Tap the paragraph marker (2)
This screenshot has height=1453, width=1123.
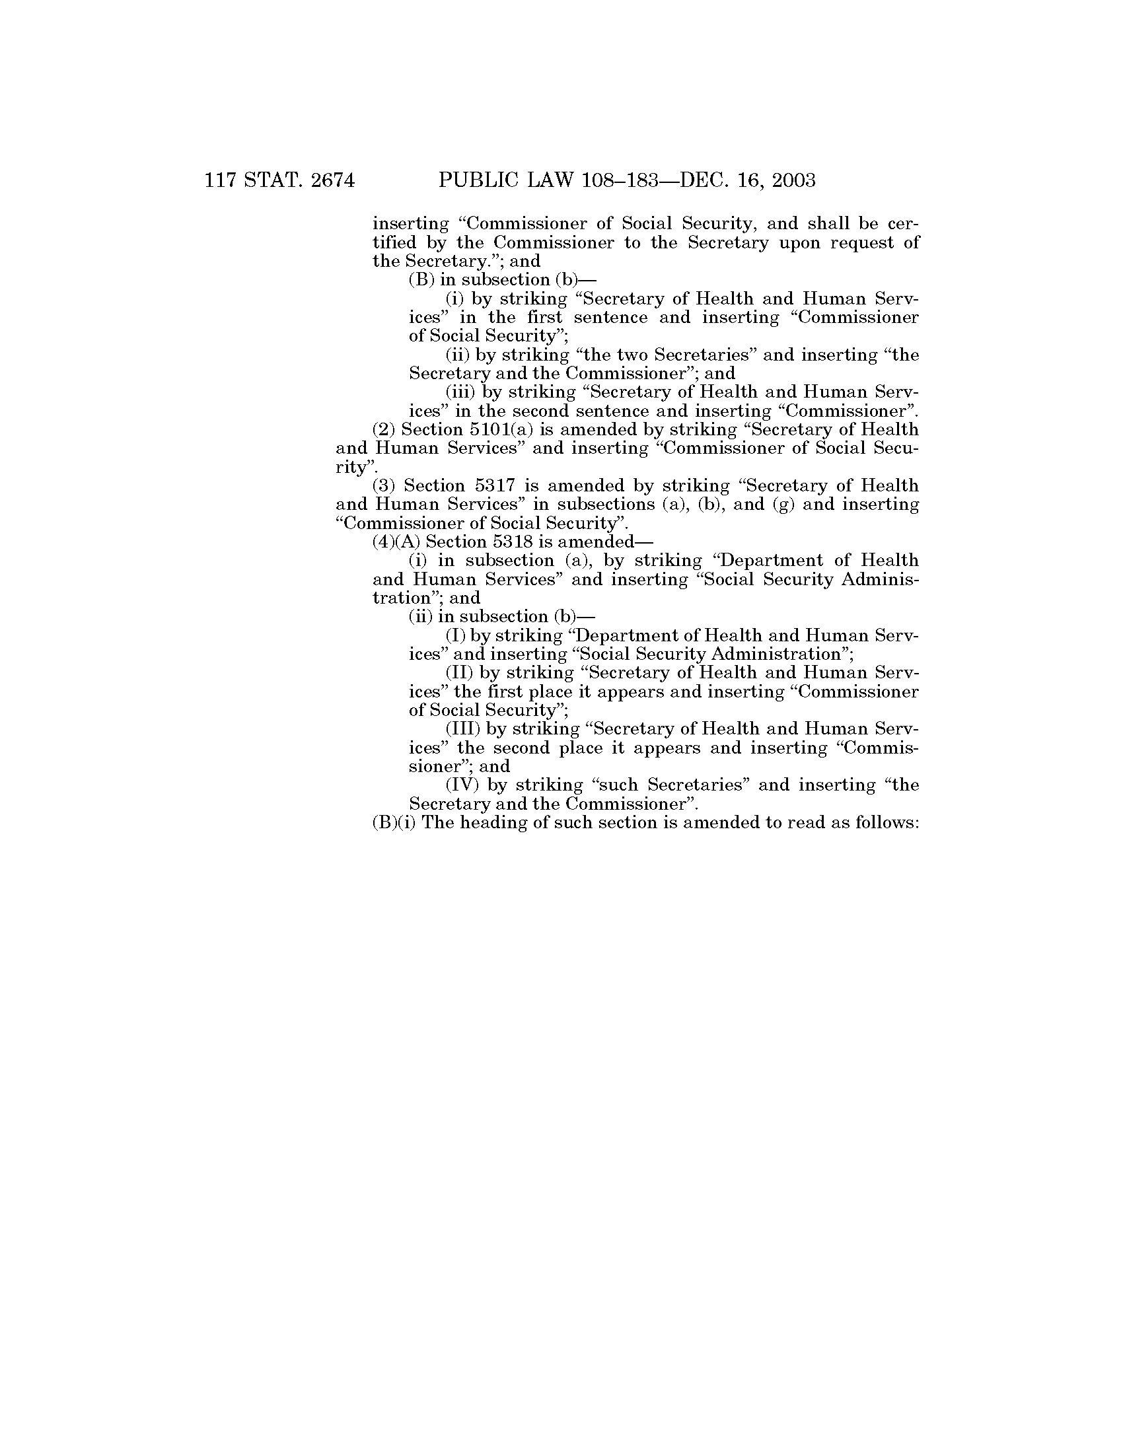pos(384,430)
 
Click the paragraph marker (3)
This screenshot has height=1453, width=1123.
pos(384,485)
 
